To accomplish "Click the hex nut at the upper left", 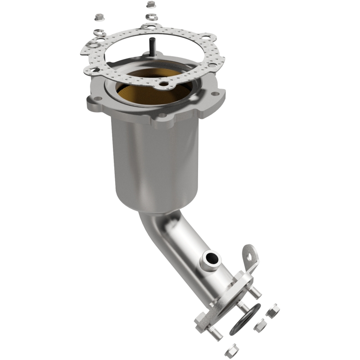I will tap(98, 18).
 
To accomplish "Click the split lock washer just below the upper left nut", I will tap(98, 32).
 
